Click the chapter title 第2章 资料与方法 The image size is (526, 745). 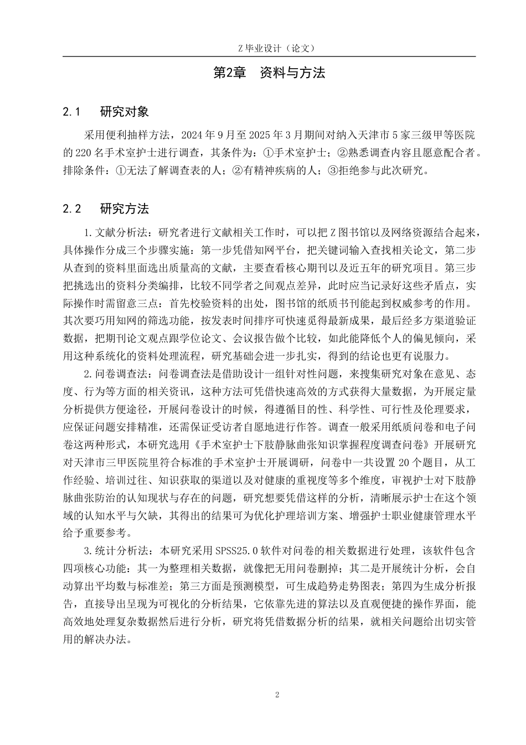point(269,73)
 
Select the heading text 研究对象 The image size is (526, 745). point(124,112)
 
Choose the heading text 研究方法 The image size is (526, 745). point(124,210)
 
